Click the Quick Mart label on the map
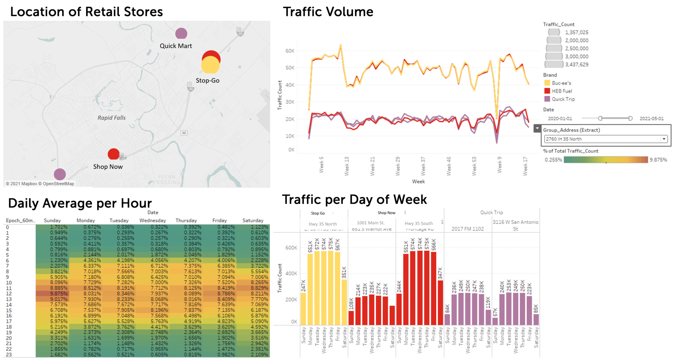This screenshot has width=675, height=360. pyautogui.click(x=176, y=46)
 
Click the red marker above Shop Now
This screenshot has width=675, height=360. pyautogui.click(x=113, y=154)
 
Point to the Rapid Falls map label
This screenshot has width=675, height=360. pyautogui.click(x=111, y=118)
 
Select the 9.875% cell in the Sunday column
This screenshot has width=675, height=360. pyautogui.click(x=52, y=293)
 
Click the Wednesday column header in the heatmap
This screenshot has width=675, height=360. pyautogui.click(x=153, y=220)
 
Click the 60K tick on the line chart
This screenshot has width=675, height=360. pyautogui.click(x=290, y=51)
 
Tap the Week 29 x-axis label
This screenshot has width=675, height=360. pyautogui.click(x=398, y=166)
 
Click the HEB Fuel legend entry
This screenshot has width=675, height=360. pyautogui.click(x=562, y=91)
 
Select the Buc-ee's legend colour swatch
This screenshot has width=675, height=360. pyautogui.click(x=547, y=83)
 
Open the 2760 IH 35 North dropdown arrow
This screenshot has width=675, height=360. pyautogui.click(x=664, y=139)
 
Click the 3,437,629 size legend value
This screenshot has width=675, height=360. pyautogui.click(x=576, y=65)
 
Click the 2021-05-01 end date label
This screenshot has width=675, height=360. pyautogui.click(x=651, y=119)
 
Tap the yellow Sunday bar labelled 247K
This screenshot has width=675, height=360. pyautogui.click(x=303, y=309)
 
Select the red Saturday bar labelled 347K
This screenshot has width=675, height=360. pyautogui.click(x=440, y=302)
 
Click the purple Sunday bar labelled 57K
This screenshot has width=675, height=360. pyautogui.click(x=495, y=321)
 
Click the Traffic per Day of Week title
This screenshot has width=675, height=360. pyautogui.click(x=354, y=200)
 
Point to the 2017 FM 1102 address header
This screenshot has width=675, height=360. pyautogui.click(x=468, y=229)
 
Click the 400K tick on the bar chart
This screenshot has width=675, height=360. pyautogui.click(x=291, y=273)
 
